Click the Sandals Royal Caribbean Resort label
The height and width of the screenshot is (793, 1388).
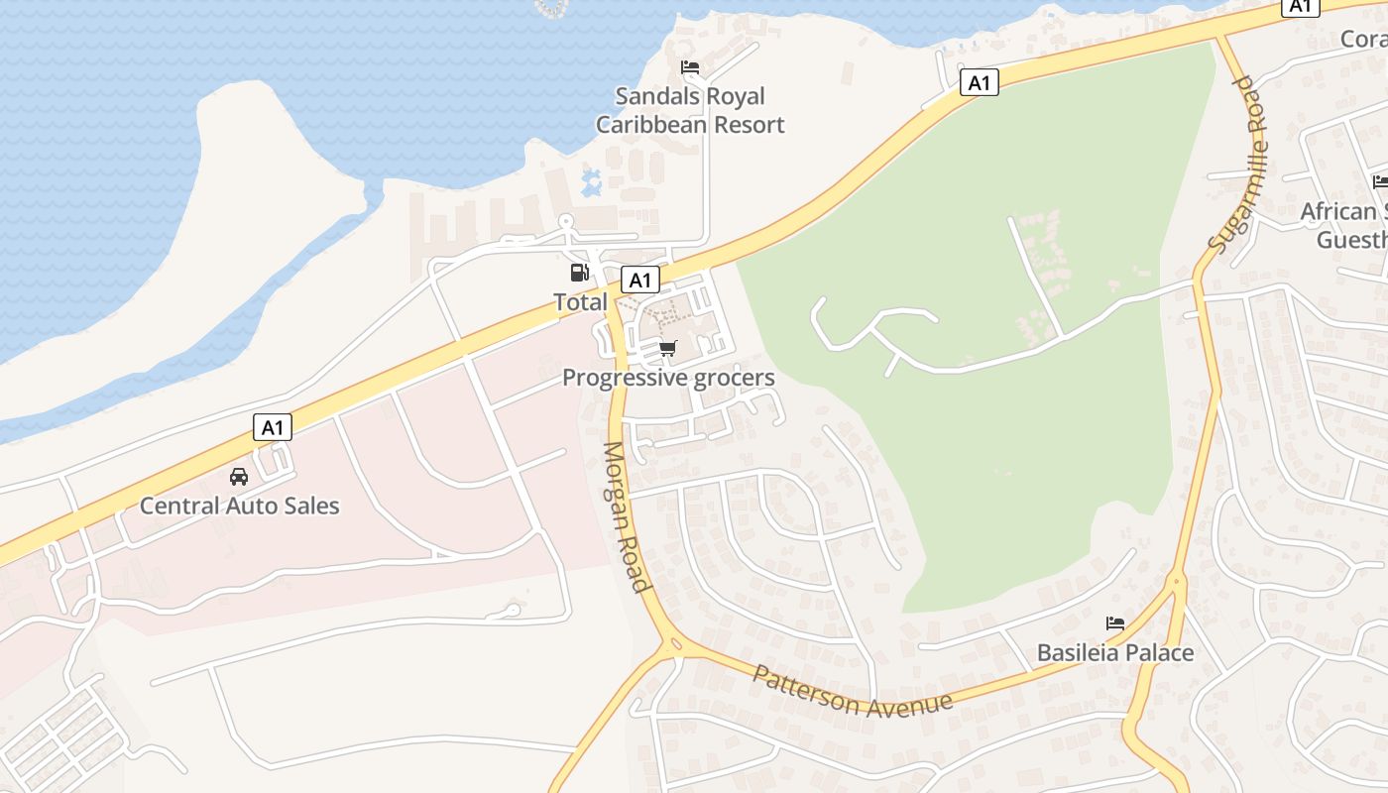tap(690, 110)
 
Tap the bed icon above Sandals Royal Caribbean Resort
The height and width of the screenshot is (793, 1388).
tap(690, 67)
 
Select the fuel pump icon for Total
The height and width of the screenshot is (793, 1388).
tap(579, 273)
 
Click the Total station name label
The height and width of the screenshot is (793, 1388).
tap(580, 301)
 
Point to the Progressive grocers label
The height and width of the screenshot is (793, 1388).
tap(668, 378)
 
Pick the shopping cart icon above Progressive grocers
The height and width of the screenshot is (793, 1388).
tap(668, 348)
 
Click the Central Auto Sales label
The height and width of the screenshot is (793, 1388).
tap(239, 506)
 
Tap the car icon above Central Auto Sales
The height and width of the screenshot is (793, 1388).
tap(239, 477)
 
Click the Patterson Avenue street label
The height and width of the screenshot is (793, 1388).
tap(853, 692)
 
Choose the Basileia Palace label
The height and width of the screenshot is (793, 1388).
tap(1115, 653)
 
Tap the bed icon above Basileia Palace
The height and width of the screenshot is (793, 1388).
tap(1115, 623)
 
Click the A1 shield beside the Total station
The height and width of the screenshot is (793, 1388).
tap(639, 280)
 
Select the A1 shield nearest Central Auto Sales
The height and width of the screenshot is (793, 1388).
tap(273, 428)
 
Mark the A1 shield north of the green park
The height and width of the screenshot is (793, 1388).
tap(979, 82)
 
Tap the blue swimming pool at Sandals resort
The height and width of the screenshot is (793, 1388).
tap(592, 182)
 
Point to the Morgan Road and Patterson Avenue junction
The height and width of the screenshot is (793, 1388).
tap(675, 646)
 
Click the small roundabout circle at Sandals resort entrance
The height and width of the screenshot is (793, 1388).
tap(566, 221)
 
